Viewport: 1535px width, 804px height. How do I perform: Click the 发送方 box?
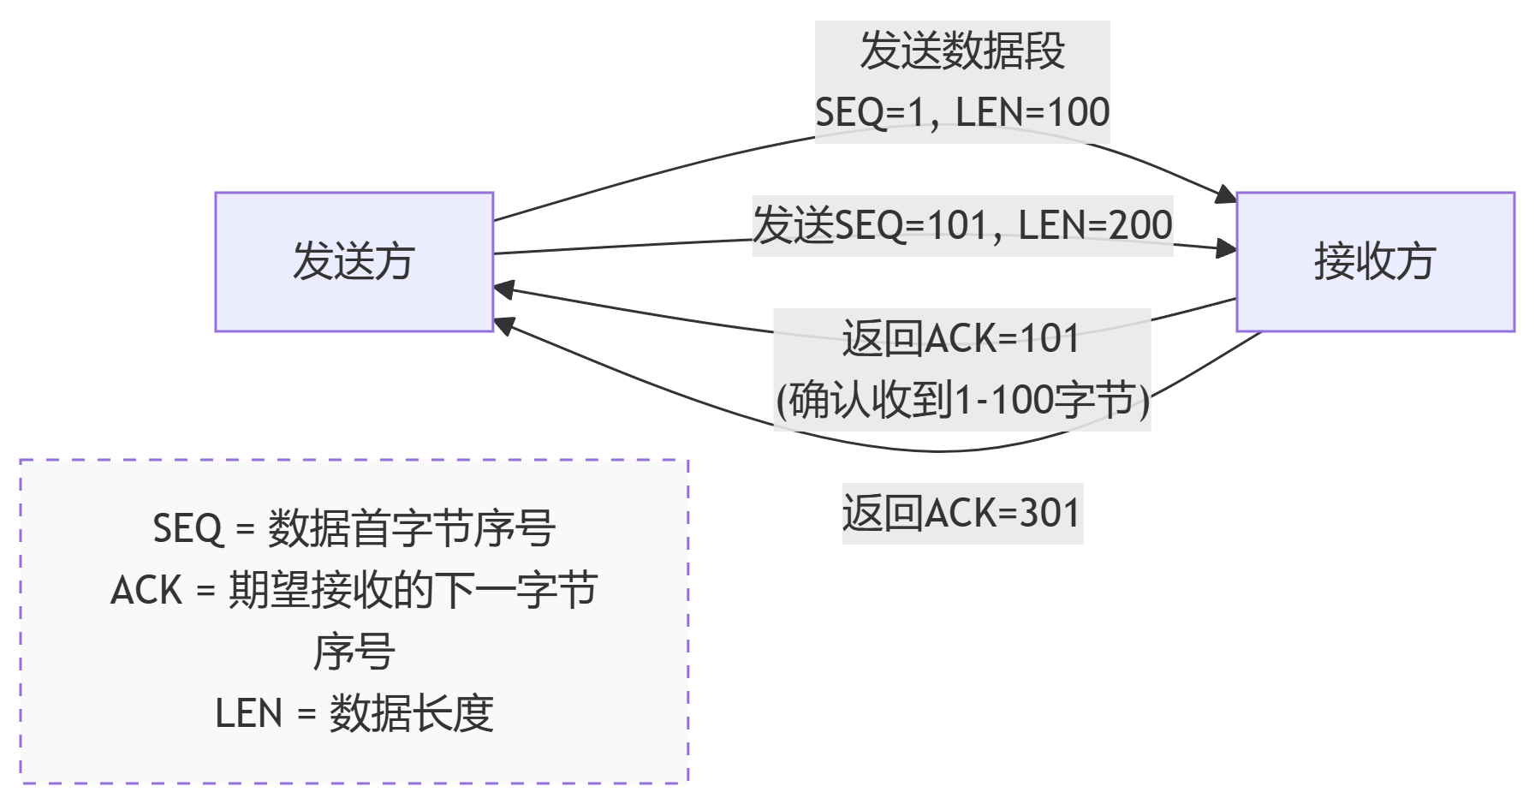(354, 261)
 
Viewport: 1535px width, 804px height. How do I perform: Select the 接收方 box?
(1375, 261)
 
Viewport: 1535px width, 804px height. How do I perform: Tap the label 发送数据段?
(962, 51)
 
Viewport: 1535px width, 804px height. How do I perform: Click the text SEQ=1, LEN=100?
(962, 112)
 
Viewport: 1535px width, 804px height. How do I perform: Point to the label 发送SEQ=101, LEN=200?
(962, 226)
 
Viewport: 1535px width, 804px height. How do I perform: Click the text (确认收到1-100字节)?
(962, 400)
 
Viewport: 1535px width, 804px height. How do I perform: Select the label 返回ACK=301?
(961, 513)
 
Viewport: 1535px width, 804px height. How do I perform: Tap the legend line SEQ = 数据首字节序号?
(354, 528)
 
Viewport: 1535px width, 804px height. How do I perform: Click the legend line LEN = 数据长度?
(354, 713)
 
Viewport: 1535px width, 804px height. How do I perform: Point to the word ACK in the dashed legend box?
(146, 591)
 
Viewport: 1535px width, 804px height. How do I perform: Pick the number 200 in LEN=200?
(1140, 226)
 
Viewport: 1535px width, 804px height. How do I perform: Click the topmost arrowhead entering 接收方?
(1227, 195)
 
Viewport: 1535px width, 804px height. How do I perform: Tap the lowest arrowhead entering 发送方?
(504, 325)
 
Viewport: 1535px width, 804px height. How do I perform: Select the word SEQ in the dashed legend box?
(187, 528)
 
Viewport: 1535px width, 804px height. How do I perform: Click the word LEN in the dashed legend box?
(248, 713)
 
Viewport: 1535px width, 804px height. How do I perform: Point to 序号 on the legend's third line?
(354, 652)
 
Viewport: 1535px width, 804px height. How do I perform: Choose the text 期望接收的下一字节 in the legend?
(413, 591)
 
